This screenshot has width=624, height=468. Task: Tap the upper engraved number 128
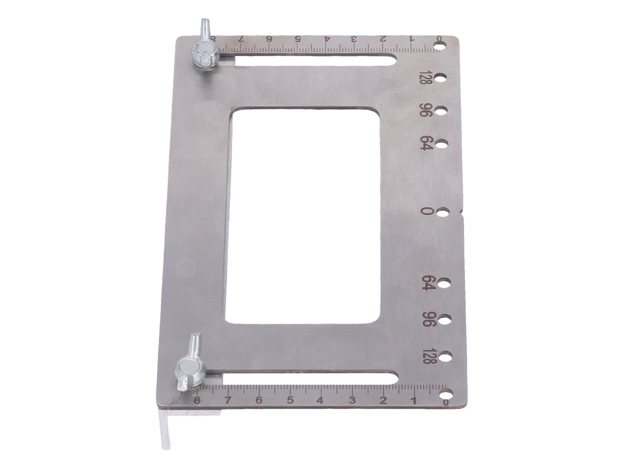coord(423,78)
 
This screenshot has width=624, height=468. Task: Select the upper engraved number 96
coord(425,110)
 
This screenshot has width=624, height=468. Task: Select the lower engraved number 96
coord(426,320)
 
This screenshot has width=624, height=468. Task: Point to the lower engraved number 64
coord(426,283)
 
